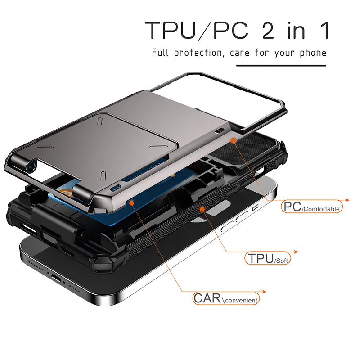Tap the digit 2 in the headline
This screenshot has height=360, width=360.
point(268,31)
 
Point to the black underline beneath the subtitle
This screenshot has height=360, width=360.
point(281,66)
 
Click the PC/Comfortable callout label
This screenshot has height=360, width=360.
point(312,207)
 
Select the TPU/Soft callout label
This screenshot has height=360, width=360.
point(268,258)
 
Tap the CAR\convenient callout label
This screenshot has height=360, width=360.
point(226,298)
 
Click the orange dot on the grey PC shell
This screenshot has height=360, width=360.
point(233,140)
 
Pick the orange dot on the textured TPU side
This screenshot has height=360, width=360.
point(202,209)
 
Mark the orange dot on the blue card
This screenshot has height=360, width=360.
point(131,202)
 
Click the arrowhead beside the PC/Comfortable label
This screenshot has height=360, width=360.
point(347,200)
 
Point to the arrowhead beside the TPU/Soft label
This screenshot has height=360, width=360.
point(296,252)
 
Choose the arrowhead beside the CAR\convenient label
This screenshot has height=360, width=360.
point(264,292)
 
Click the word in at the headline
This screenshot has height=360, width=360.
point(297,31)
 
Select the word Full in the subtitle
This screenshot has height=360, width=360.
point(160,53)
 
